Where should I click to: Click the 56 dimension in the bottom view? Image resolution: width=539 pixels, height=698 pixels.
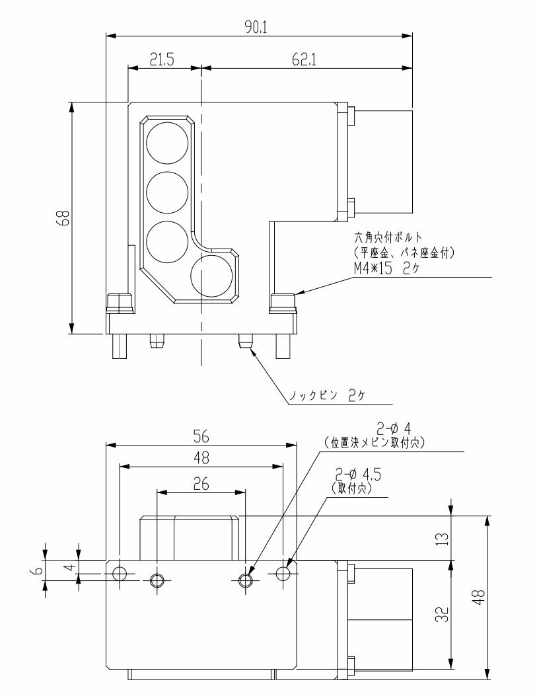[x=201, y=436]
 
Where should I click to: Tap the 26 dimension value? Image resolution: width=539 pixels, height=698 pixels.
[x=201, y=485]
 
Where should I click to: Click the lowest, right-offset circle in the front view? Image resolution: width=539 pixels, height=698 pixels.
[x=211, y=275]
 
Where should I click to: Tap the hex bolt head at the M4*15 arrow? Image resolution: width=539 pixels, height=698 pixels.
[x=283, y=303]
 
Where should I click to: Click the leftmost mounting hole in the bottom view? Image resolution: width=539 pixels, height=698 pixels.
[x=119, y=573]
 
